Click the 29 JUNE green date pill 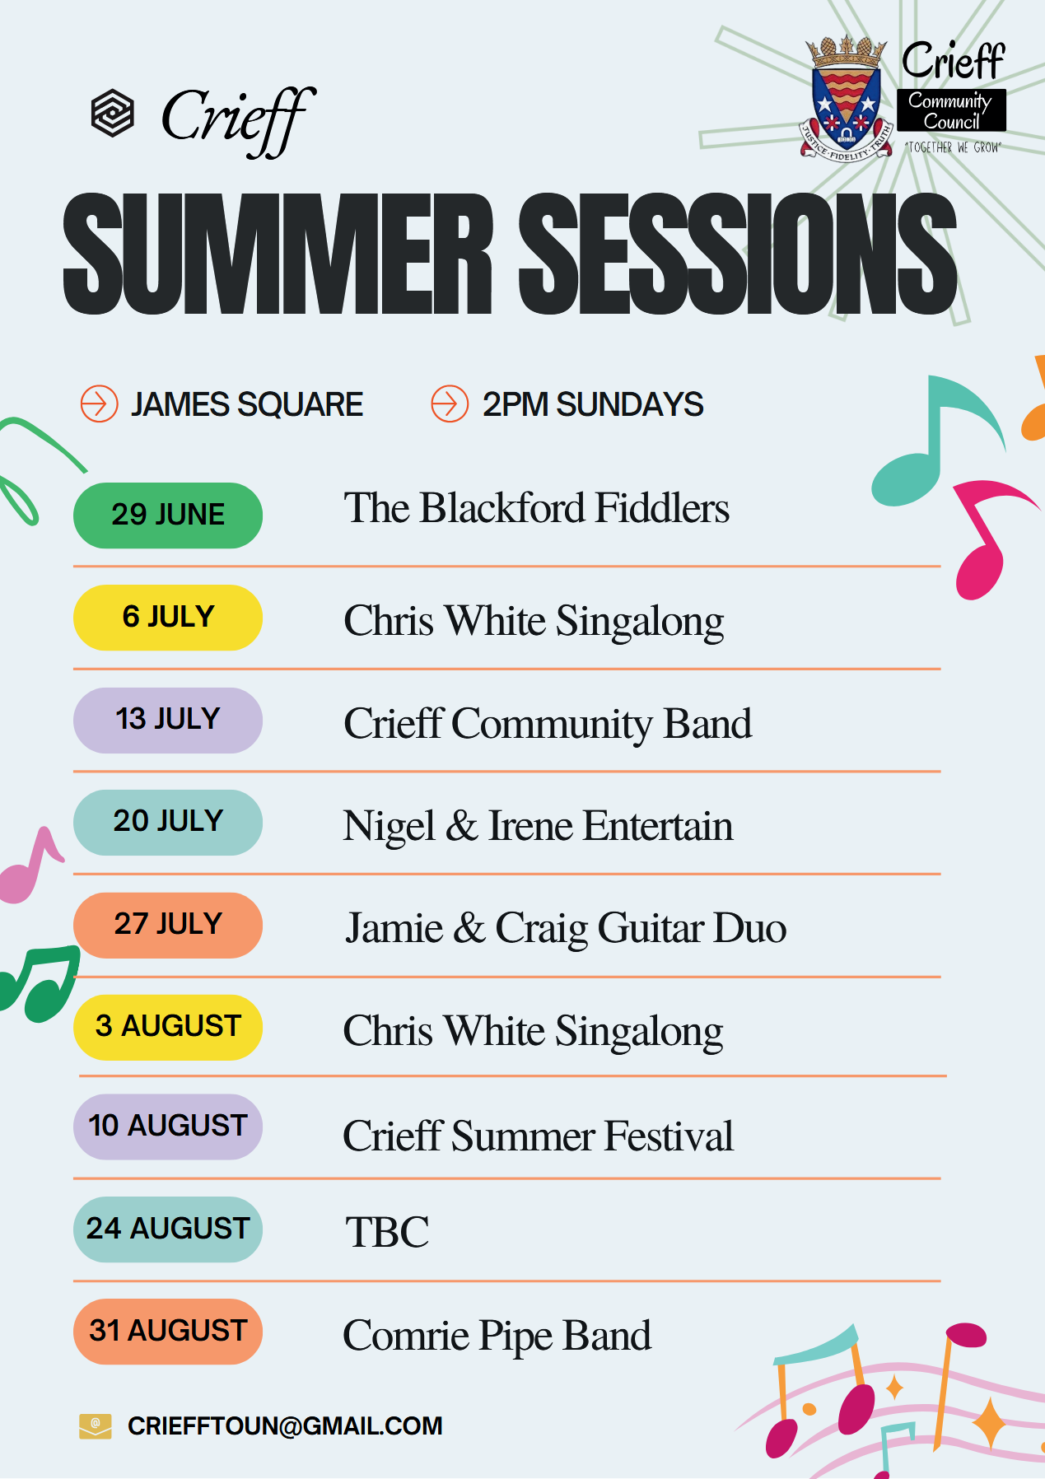(x=168, y=516)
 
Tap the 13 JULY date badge (x=168, y=720)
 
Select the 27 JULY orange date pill (x=168, y=925)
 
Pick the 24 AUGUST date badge (x=168, y=1229)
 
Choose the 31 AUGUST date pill (x=168, y=1332)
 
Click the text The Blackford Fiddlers (x=537, y=508)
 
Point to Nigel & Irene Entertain (x=538, y=827)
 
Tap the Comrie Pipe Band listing (x=497, y=1336)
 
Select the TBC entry (x=387, y=1233)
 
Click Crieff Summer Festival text (x=538, y=1136)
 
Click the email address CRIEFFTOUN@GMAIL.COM (x=285, y=1426)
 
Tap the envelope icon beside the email (x=96, y=1426)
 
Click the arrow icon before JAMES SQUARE (x=100, y=404)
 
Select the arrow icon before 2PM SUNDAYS (x=450, y=404)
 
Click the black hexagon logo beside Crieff (x=112, y=113)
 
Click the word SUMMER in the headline (x=278, y=254)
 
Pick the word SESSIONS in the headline (x=738, y=254)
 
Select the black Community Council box (x=952, y=110)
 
